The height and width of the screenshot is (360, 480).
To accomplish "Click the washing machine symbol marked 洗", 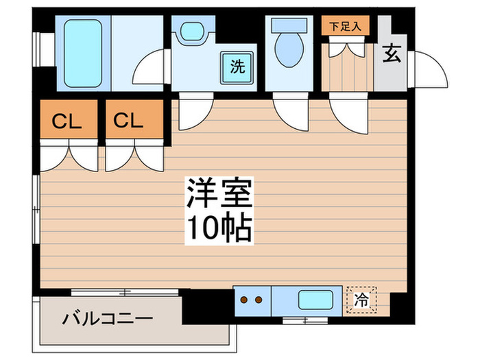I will [237, 67].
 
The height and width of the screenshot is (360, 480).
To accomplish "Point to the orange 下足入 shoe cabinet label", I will [346, 27].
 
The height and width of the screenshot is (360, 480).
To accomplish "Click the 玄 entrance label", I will [392, 53].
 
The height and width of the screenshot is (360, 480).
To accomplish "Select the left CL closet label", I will [68, 121].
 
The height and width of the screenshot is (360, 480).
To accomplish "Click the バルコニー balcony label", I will [108, 319].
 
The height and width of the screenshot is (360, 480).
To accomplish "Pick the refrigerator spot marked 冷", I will [360, 299].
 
